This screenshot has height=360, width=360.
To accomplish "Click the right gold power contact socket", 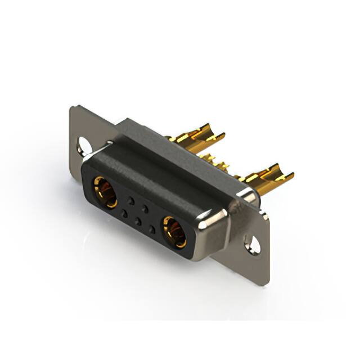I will (x=175, y=232).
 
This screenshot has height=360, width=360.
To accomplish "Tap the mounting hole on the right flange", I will (x=253, y=245).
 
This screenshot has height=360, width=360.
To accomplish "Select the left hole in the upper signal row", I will (x=132, y=200).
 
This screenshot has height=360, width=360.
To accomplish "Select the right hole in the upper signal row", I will (x=145, y=208).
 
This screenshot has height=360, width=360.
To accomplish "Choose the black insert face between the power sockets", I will (x=138, y=211).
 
